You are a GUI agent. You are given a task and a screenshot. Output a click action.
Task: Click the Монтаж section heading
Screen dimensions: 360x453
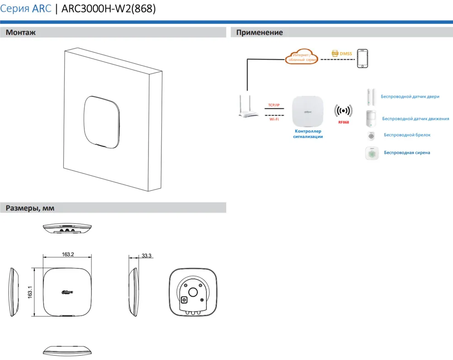click(21, 33)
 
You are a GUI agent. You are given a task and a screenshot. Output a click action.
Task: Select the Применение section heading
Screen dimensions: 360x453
click(259, 33)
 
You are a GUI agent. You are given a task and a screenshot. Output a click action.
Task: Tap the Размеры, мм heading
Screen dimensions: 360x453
click(30, 208)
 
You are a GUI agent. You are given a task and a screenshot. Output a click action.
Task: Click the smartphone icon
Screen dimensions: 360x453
click(363, 58)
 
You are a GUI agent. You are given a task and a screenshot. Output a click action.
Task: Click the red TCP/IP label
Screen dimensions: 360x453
click(273, 105)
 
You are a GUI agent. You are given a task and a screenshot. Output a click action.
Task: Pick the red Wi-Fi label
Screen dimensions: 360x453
click(274, 119)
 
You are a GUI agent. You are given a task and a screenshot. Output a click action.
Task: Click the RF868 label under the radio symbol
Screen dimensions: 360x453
click(343, 122)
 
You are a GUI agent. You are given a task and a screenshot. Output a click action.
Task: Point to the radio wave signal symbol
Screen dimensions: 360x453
click(343, 111)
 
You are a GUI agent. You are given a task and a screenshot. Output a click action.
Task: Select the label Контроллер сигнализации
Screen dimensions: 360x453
click(308, 134)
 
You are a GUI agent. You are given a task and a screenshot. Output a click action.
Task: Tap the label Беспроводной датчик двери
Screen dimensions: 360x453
click(410, 97)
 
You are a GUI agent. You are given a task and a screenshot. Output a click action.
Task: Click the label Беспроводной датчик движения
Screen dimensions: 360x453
click(415, 119)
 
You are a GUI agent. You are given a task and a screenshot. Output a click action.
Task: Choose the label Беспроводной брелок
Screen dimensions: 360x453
click(407, 135)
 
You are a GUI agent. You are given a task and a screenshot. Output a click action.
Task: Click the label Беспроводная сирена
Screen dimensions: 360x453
click(407, 153)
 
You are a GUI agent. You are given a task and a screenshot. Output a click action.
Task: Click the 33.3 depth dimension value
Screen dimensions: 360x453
click(146, 256)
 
